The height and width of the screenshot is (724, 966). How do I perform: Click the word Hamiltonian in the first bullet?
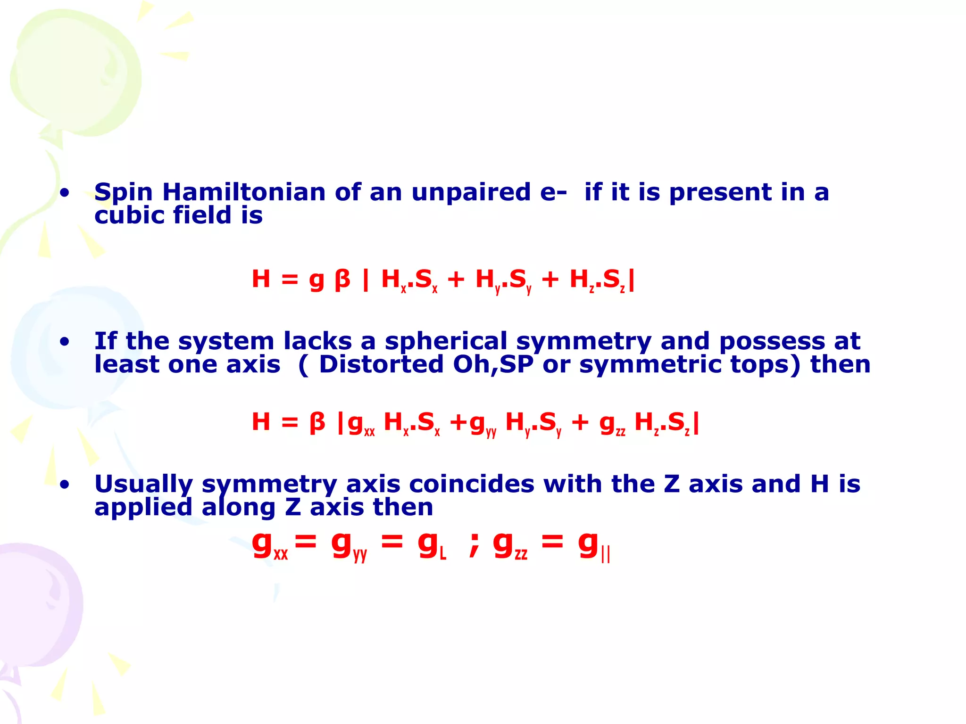pos(244,192)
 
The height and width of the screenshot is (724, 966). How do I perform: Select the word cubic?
pos(129,215)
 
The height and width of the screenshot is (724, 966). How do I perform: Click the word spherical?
pos(446,341)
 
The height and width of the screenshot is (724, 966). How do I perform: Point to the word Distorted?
pos(381,364)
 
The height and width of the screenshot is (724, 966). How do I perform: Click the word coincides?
pos(471,484)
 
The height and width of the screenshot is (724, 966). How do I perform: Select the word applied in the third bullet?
pos(143,508)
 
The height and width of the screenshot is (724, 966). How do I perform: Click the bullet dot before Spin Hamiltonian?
pos(65,193)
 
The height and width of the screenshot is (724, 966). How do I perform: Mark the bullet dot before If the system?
pos(65,342)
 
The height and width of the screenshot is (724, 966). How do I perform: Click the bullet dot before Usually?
pos(65,485)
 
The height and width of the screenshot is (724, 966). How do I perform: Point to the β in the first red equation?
pos(342,280)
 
